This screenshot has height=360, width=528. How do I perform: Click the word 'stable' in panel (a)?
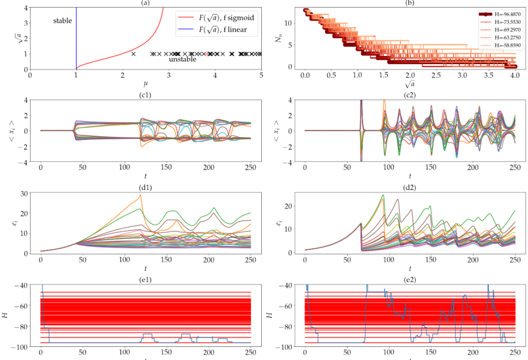pos(62,21)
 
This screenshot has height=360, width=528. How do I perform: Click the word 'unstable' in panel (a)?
pos(182,59)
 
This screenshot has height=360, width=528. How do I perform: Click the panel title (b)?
pos(410,3)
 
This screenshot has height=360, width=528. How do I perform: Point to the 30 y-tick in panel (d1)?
pos(23,193)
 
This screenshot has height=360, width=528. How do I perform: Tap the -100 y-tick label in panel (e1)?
pos(19,347)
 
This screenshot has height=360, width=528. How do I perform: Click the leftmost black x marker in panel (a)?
pos(134,54)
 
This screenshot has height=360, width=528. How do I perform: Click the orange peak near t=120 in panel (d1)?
pos(140,195)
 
